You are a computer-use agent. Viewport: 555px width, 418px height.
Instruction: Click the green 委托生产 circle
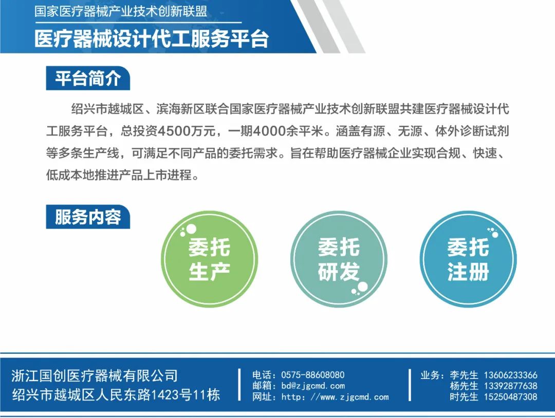pos(210,259)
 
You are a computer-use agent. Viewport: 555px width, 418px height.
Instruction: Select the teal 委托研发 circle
pos(339,259)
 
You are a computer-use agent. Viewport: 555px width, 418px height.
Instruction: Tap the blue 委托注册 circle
pos(468,259)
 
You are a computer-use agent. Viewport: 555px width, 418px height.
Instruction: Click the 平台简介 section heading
pos(88,78)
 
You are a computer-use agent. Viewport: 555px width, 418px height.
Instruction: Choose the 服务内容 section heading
pos(88,217)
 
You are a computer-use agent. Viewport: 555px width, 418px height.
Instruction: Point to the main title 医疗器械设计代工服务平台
pos(152,38)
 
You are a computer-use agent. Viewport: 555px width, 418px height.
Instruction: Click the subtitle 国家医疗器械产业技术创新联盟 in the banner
pos(121,11)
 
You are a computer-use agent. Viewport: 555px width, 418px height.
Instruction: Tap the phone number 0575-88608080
pos(312,375)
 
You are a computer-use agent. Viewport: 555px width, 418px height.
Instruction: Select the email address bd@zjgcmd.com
pos(313,386)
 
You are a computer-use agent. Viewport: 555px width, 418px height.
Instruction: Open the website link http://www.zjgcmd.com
pos(335,397)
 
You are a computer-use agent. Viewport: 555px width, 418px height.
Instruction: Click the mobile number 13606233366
pos(510,375)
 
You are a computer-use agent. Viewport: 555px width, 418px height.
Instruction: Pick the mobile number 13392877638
pos(510,386)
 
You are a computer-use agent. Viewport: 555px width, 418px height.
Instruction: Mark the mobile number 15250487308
pos(510,397)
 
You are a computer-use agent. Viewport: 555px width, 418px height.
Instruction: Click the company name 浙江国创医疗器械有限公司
pos(95,375)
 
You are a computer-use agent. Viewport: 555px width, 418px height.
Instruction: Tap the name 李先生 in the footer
pos(464,375)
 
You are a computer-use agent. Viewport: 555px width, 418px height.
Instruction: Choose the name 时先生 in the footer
pos(464,397)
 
